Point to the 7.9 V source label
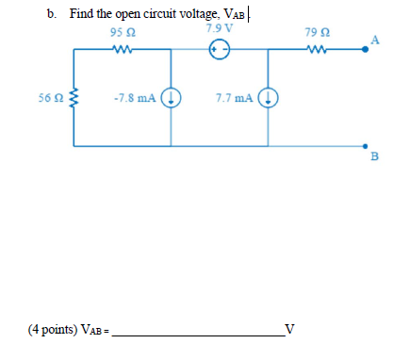pos(219,27)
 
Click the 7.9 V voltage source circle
pos(219,53)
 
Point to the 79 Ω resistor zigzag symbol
pos(317,53)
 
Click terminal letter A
pos(375,40)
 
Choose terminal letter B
pos(373,157)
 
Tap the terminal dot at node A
pos(366,53)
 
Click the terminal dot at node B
pos(366,145)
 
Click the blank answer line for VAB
pos(197,333)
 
